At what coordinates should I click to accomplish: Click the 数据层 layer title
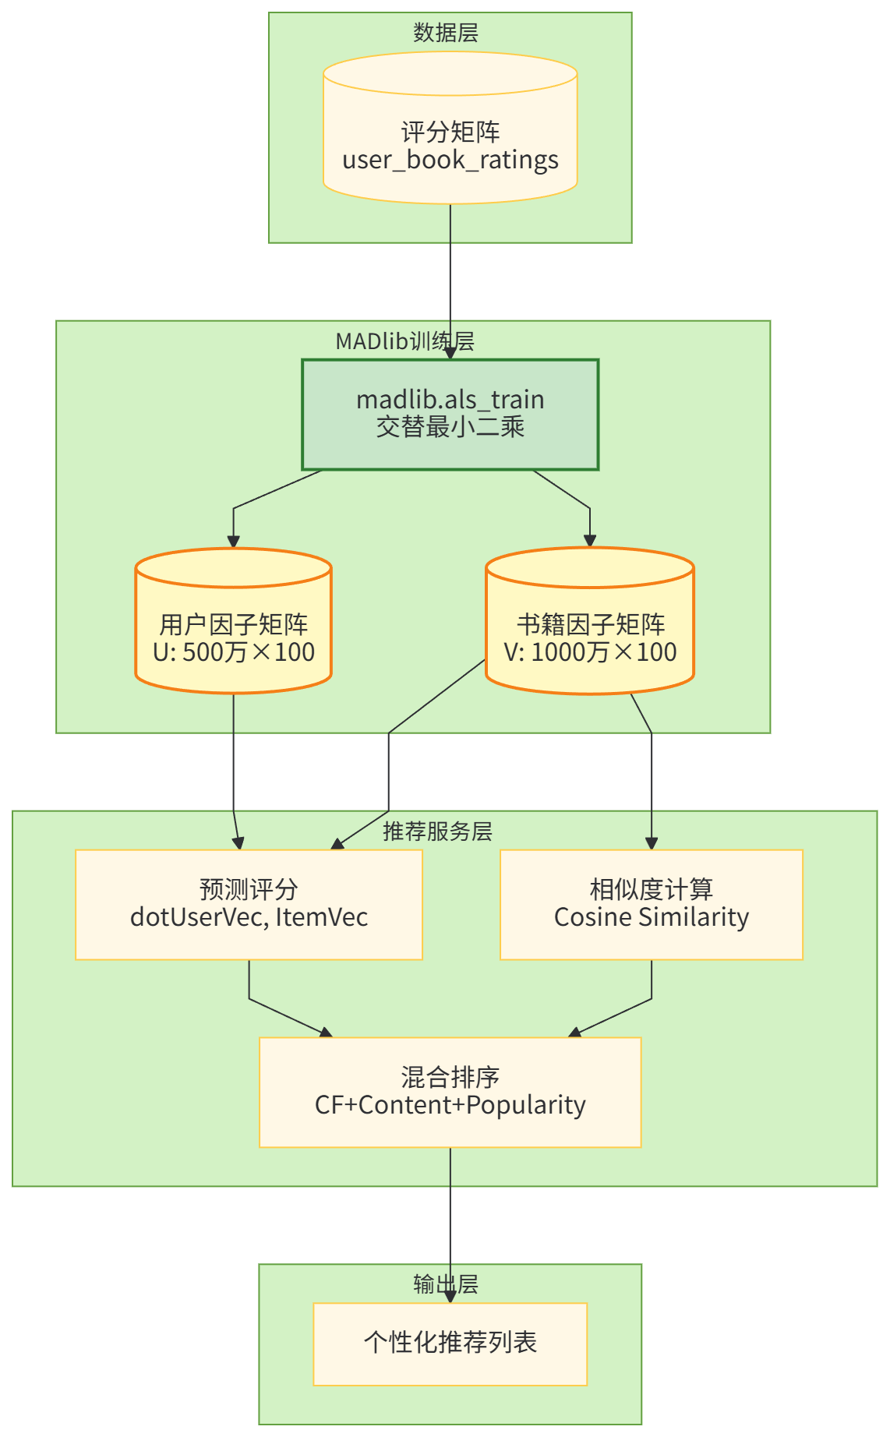point(446,33)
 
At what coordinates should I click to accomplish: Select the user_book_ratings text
point(450,161)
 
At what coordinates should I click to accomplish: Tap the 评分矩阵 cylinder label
point(450,132)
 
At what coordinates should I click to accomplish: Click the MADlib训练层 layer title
point(404,341)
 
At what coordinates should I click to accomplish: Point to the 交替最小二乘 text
point(450,427)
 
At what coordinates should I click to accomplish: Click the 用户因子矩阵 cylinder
point(234,624)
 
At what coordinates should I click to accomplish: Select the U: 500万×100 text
point(234,652)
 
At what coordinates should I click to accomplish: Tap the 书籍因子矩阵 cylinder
point(590,623)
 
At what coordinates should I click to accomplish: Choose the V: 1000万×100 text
point(590,652)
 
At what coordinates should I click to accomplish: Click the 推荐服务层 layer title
point(437,831)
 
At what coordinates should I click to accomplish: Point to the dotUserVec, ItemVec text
point(249,917)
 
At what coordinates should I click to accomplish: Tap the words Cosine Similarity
point(652,917)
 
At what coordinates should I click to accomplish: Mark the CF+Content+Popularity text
point(450,1105)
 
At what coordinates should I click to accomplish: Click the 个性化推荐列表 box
point(450,1343)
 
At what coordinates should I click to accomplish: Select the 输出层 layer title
point(446,1284)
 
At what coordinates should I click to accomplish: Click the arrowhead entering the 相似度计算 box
point(652,843)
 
